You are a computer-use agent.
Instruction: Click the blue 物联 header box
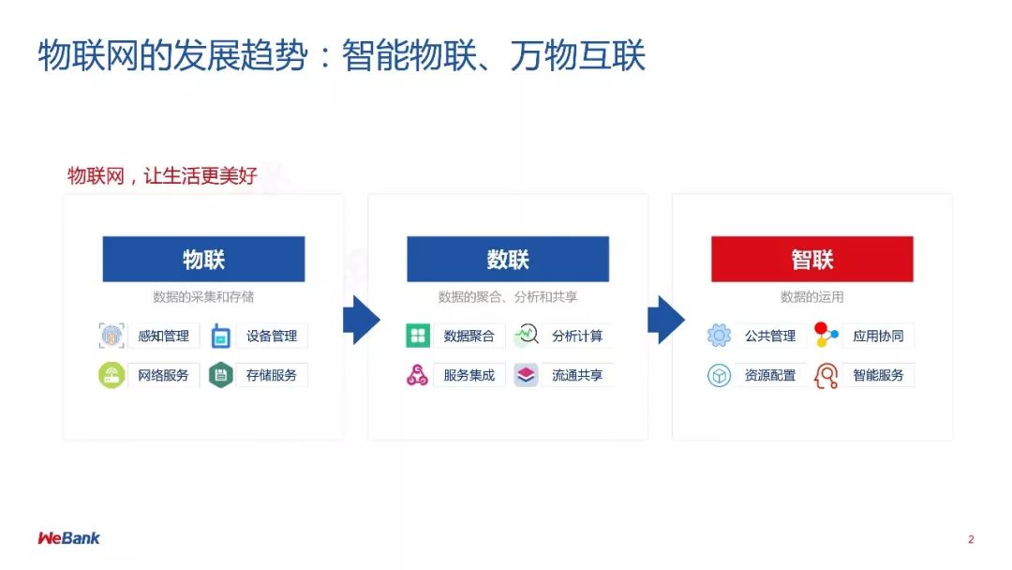pyautogui.click(x=203, y=259)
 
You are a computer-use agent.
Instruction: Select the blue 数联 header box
pyautogui.click(x=508, y=259)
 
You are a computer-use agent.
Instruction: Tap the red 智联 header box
pyautogui.click(x=811, y=259)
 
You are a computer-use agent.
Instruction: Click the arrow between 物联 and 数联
pyautogui.click(x=360, y=320)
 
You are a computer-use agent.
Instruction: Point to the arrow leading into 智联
pyautogui.click(x=664, y=320)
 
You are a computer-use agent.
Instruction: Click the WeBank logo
pyautogui.click(x=68, y=538)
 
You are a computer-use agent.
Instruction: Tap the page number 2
pyautogui.click(x=971, y=539)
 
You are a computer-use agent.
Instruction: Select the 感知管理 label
pyautogui.click(x=163, y=336)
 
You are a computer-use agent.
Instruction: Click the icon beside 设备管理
pyautogui.click(x=220, y=336)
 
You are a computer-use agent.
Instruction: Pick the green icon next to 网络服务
pyautogui.click(x=112, y=375)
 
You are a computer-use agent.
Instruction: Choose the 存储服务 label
pyautogui.click(x=271, y=375)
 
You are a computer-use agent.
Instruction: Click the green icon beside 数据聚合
pyautogui.click(x=418, y=336)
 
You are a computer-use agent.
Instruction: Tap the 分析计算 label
pyautogui.click(x=577, y=336)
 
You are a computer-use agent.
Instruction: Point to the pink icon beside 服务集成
pyautogui.click(x=418, y=375)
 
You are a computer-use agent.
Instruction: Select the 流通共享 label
pyautogui.click(x=577, y=375)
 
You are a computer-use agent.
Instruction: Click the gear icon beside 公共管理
pyautogui.click(x=719, y=336)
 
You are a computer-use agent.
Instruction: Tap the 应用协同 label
pyautogui.click(x=878, y=336)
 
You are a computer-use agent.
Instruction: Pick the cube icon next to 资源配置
pyautogui.click(x=719, y=376)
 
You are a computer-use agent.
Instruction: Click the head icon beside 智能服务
pyautogui.click(x=826, y=376)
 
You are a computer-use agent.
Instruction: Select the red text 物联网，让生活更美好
pyautogui.click(x=162, y=175)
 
